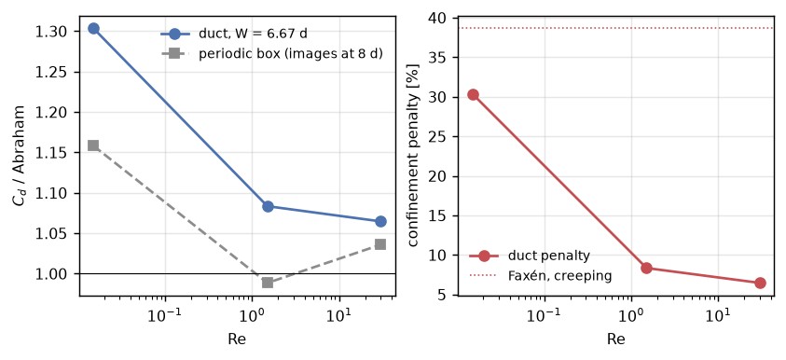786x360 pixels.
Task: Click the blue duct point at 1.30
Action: click(93, 29)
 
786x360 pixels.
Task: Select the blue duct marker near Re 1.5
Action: click(268, 206)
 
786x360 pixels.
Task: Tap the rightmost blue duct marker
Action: click(380, 221)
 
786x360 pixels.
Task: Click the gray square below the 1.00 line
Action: click(268, 283)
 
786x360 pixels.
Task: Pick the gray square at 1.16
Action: click(93, 145)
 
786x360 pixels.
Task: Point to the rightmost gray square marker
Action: click(380, 244)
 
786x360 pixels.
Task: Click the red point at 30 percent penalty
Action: click(473, 95)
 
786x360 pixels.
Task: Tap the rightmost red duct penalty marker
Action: click(760, 284)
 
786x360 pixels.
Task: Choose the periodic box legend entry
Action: click(271, 54)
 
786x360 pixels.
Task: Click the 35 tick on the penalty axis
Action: click(444, 58)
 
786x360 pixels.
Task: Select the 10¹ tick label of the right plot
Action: click(718, 316)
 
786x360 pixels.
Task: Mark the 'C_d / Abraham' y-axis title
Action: click(20, 157)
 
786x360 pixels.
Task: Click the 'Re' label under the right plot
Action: click(616, 339)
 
